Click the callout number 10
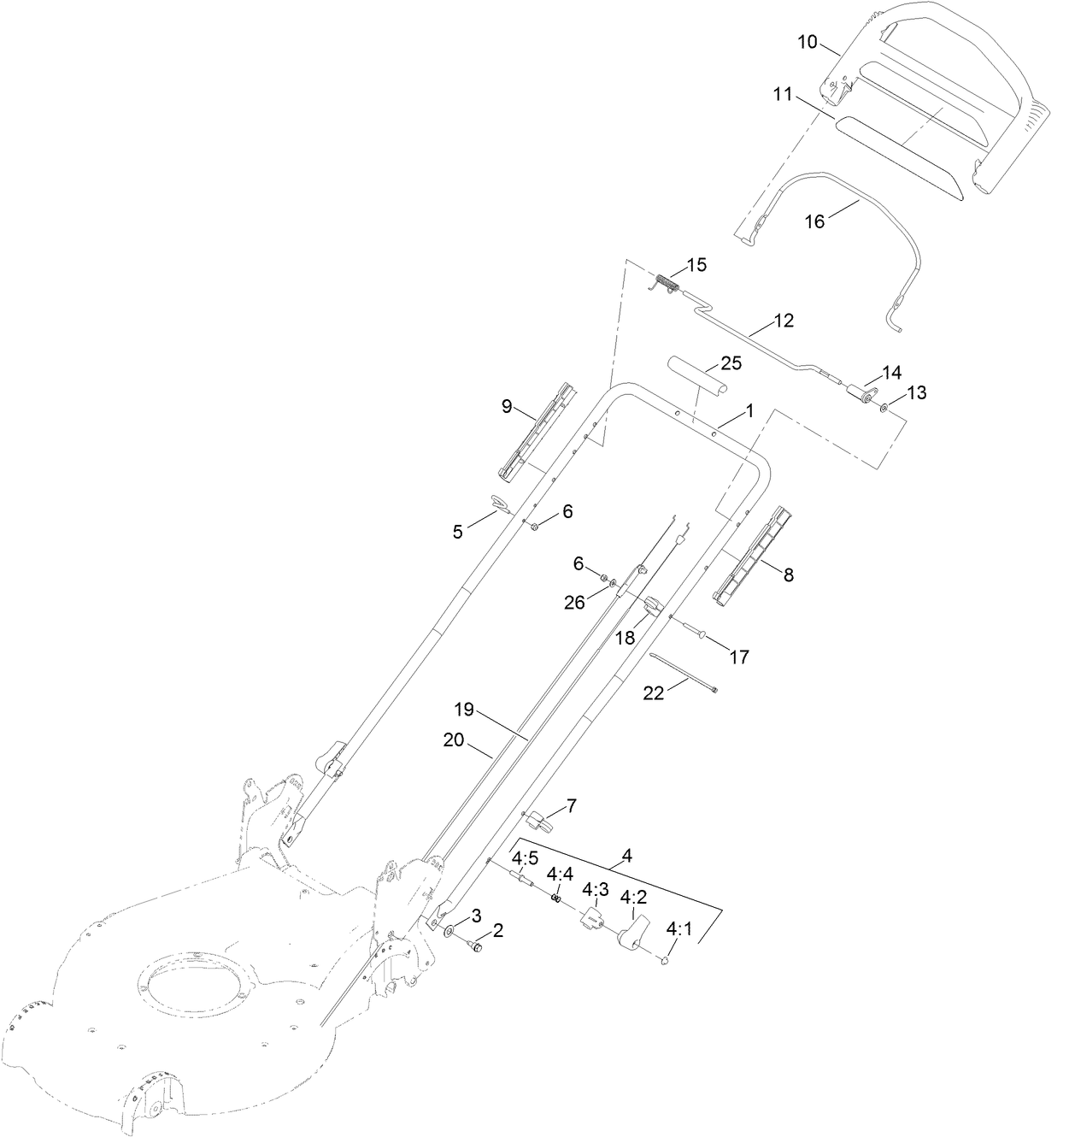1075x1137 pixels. pyautogui.click(x=808, y=42)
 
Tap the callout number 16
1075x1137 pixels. pyautogui.click(x=815, y=221)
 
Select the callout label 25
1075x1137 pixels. pyautogui.click(x=730, y=363)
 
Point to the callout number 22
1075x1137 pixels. pyautogui.click(x=653, y=693)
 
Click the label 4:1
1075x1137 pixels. pyautogui.click(x=680, y=928)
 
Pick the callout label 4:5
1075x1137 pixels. pyautogui.click(x=525, y=857)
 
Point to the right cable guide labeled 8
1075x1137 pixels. pyautogui.click(x=752, y=555)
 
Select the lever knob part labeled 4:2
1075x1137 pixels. pyautogui.click(x=632, y=935)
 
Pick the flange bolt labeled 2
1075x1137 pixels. pyautogui.click(x=475, y=944)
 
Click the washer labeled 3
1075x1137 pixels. pyautogui.click(x=450, y=929)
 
